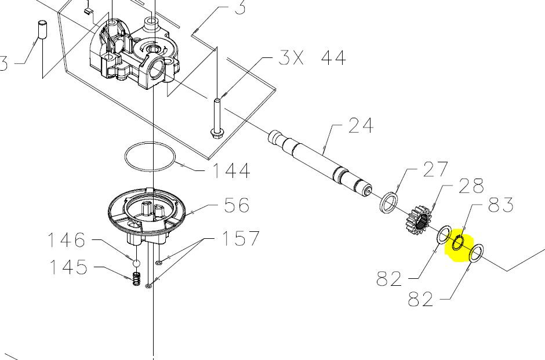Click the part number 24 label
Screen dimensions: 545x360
[x=361, y=125]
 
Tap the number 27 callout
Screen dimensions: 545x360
[x=435, y=170]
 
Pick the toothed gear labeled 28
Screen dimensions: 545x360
[x=418, y=220]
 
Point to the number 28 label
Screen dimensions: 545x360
[x=471, y=186]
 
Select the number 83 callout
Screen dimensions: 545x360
[x=501, y=205]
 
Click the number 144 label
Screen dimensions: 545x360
[x=231, y=170]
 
